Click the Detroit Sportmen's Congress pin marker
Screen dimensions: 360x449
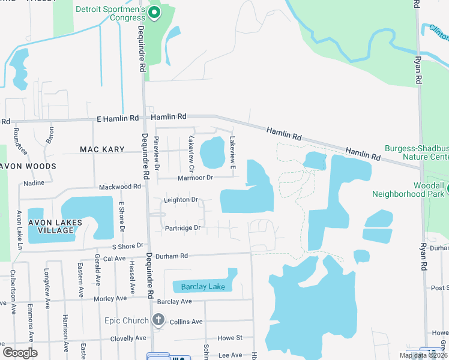click(x=154, y=12)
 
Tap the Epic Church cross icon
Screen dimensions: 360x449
click(x=158, y=320)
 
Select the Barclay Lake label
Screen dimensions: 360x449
click(x=203, y=287)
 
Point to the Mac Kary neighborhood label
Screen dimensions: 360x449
click(x=102, y=149)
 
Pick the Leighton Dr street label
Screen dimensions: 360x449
click(x=181, y=199)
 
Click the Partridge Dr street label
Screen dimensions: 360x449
click(x=182, y=228)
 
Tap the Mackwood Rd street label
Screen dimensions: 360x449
click(x=119, y=187)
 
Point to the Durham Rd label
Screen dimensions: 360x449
click(x=171, y=256)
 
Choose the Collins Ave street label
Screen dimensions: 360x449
click(x=186, y=322)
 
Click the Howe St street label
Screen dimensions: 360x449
click(x=230, y=338)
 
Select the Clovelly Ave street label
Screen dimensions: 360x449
click(x=128, y=338)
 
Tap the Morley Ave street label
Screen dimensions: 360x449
click(x=110, y=298)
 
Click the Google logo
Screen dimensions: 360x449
click(x=20, y=353)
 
